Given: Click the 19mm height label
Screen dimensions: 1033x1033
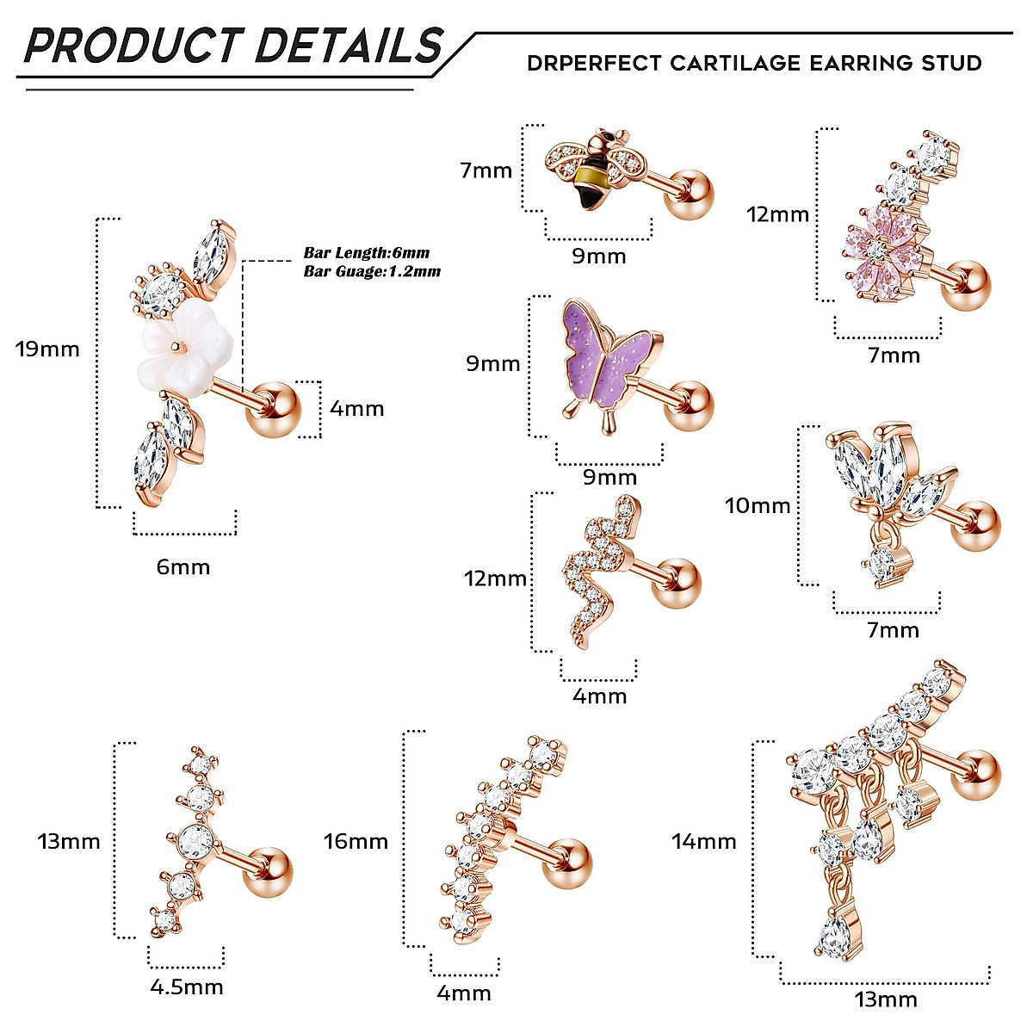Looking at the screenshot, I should pyautogui.click(x=47, y=349).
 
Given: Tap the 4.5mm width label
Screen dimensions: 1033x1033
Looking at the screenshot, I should pyautogui.click(x=187, y=987).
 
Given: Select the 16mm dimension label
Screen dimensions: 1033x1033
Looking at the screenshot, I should pyautogui.click(x=356, y=841).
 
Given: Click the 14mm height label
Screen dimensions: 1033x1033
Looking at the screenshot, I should pyautogui.click(x=704, y=841).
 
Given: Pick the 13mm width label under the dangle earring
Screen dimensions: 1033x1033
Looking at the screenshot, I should pyautogui.click(x=886, y=999).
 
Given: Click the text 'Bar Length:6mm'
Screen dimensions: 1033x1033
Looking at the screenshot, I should pyautogui.click(x=366, y=253).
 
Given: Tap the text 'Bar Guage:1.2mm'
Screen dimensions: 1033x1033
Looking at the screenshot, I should pyautogui.click(x=372, y=271).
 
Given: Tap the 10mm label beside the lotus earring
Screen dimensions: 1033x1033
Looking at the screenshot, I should pyautogui.click(x=758, y=505).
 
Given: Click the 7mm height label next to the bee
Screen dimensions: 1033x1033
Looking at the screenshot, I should pyautogui.click(x=486, y=170).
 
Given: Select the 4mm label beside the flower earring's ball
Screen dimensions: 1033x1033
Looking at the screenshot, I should pyautogui.click(x=356, y=408).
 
